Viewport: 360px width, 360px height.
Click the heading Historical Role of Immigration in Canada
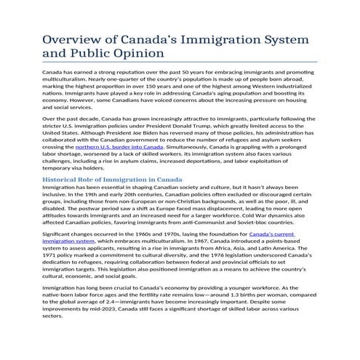113,179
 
